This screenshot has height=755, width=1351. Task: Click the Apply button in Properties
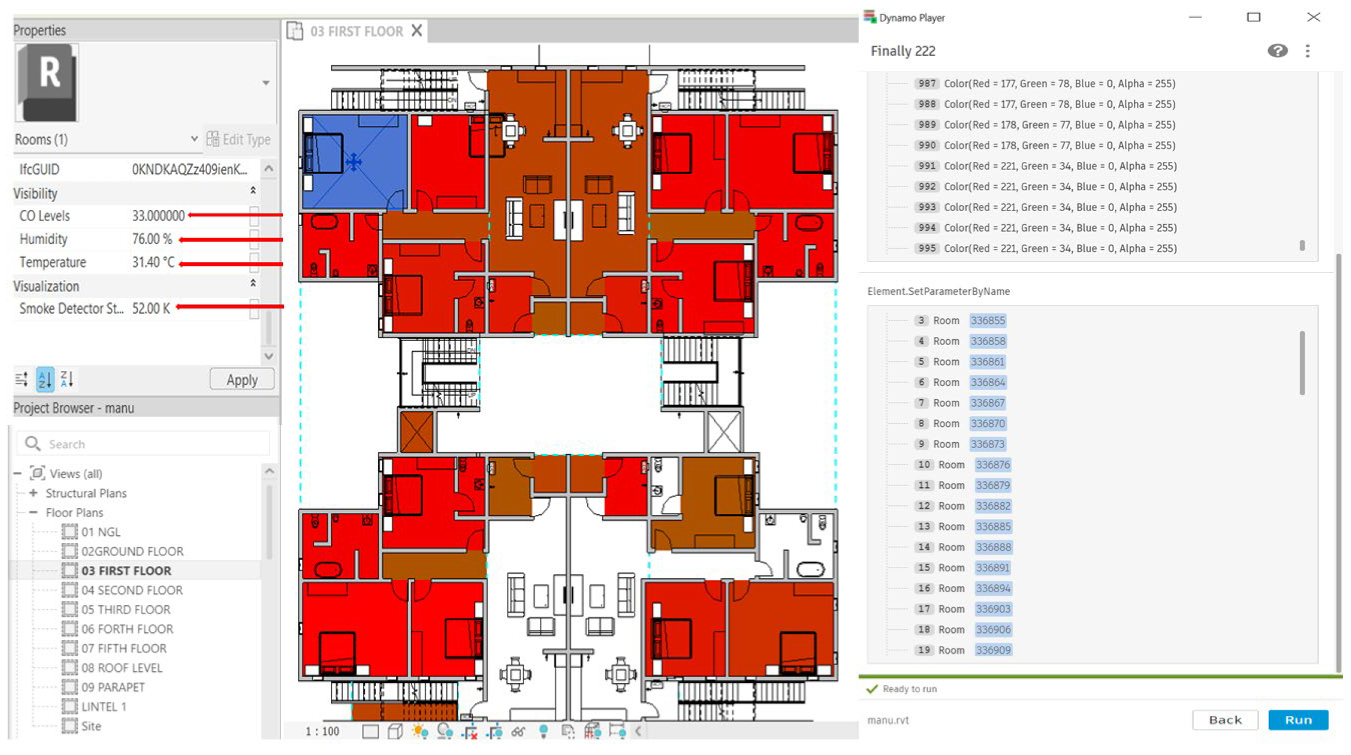[242, 379]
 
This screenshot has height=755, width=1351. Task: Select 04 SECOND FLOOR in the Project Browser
[132, 590]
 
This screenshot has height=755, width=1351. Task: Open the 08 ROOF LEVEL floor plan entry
[121, 668]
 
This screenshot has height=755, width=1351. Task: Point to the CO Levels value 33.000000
[158, 215]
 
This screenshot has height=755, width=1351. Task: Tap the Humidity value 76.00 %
[152, 239]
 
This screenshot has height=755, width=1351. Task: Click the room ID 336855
[987, 320]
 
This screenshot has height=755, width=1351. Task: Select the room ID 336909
[992, 650]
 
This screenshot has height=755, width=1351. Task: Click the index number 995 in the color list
[927, 248]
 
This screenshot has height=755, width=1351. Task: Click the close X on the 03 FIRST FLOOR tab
[417, 30]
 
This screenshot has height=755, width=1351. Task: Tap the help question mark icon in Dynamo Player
[1277, 51]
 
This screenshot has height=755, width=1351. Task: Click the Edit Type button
[239, 139]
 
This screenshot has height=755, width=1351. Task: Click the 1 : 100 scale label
[322, 731]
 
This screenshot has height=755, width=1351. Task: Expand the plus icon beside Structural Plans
[33, 493]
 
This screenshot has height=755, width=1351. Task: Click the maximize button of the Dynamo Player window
[1254, 17]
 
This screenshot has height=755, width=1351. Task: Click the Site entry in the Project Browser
[91, 726]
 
